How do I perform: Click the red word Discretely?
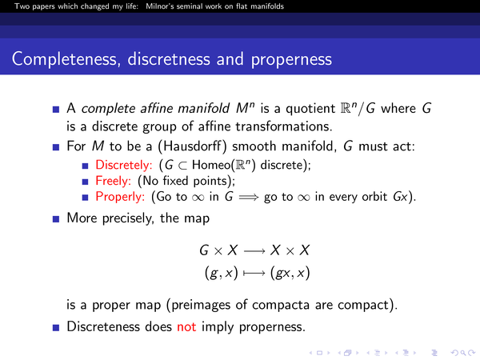click(124, 166)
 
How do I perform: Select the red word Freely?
click(114, 181)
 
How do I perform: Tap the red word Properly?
click(120, 197)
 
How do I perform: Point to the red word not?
click(186, 327)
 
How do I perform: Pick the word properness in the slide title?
click(291, 59)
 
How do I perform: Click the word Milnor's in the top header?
click(159, 6)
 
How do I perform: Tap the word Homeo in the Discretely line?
click(211, 166)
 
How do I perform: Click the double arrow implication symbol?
click(249, 198)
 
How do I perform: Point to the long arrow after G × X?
click(254, 251)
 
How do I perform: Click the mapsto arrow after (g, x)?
click(254, 273)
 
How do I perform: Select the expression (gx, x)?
click(290, 273)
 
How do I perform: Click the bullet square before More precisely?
click(56, 219)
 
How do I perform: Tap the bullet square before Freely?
click(85, 182)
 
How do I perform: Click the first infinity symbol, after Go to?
click(198, 198)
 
